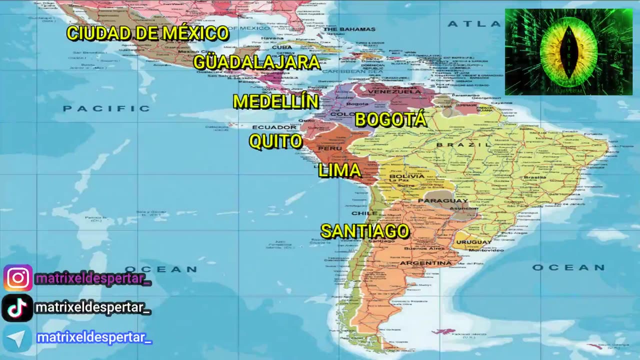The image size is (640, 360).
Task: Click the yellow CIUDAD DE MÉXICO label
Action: tap(147, 33)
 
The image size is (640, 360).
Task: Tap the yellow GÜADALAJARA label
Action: tap(256, 62)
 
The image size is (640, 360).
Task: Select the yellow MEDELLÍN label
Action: tap(275, 101)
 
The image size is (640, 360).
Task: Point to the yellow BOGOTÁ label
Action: tap(390, 119)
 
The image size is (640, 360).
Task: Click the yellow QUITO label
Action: tap(275, 141)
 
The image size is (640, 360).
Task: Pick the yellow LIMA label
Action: tap(339, 171)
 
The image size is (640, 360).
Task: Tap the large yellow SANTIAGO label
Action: tap(364, 231)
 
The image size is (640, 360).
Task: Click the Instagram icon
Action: tap(17, 278)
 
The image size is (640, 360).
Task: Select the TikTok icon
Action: tap(17, 308)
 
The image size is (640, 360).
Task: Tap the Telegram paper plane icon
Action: tap(17, 338)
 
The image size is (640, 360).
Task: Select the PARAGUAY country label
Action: tap(435, 201)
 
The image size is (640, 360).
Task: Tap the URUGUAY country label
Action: tap(474, 242)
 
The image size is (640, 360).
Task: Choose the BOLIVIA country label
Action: tap(406, 176)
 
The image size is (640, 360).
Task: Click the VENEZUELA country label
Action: tap(401, 91)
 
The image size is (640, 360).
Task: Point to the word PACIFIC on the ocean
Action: tap(106, 108)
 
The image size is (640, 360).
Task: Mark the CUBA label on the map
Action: tap(282, 47)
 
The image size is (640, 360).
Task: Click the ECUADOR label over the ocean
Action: tap(274, 127)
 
